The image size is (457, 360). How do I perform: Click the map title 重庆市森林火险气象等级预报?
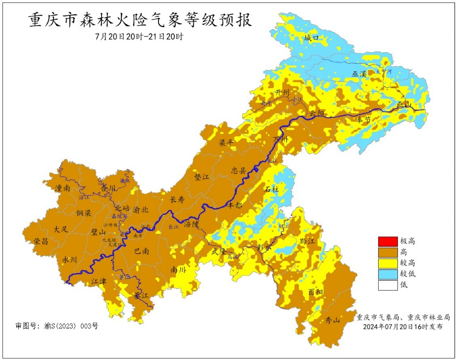coord(140,21)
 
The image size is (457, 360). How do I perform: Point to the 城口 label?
coord(312,38)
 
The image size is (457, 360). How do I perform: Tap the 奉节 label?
coord(364,120)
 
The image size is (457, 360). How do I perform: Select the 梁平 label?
coord(226,142)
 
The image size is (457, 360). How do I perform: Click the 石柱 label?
coord(271,189)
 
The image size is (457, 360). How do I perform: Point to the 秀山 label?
coord(333,321)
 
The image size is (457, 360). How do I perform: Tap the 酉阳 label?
coord(316,292)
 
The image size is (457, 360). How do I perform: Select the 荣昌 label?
coord(41,241)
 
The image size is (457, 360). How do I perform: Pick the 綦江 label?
coord(141,296)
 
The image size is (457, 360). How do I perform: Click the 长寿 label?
coord(177,200)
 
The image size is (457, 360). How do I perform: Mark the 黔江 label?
coord(306,241)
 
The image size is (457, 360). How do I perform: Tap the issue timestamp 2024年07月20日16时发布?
coord(402,327)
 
